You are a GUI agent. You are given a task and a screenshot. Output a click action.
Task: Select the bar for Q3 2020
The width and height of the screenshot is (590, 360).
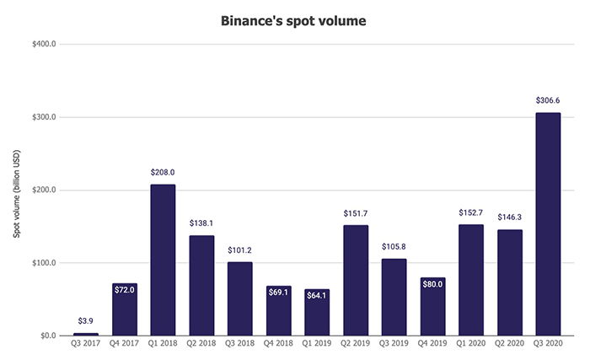coord(548,223)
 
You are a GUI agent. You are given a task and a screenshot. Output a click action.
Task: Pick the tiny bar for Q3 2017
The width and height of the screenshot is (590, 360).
coord(85,334)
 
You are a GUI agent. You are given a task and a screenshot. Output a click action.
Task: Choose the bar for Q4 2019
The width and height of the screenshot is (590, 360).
coord(432,306)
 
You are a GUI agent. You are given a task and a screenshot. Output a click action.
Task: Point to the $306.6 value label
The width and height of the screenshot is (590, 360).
coord(548,100)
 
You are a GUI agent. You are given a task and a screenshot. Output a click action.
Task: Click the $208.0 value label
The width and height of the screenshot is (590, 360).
coord(163,172)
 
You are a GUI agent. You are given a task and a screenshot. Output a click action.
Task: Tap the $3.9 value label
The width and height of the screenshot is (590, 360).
coord(85,321)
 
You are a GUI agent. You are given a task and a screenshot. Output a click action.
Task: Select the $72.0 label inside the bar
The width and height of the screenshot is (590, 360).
coord(124,288)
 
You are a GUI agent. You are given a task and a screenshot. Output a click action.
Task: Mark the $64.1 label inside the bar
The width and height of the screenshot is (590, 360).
coord(317,295)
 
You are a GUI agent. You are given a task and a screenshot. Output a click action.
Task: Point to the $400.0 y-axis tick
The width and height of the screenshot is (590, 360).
coord(41,45)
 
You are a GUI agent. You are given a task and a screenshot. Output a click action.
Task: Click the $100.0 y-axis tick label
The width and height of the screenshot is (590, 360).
coord(41,263)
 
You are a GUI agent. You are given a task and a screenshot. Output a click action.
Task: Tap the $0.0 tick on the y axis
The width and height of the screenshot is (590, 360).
coord(46,336)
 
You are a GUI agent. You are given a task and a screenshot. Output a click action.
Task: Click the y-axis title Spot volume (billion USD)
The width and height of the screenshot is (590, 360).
coord(16,191)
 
